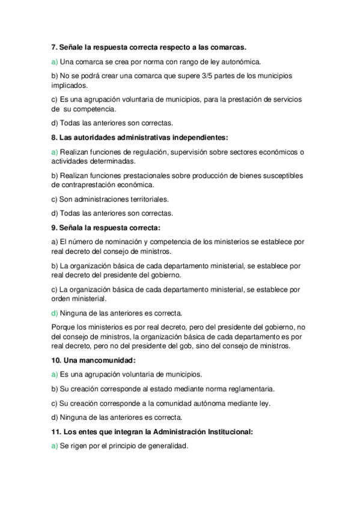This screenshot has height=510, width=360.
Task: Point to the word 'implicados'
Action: pyautogui.click(x=70, y=85)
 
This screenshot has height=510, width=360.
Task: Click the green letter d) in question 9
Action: pyautogui.click(x=54, y=313)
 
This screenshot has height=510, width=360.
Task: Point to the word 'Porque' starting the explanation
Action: pyautogui.click(x=63, y=327)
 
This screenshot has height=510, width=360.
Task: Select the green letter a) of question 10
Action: pyautogui.click(x=54, y=374)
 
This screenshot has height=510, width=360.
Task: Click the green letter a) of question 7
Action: pyautogui.click(x=54, y=61)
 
